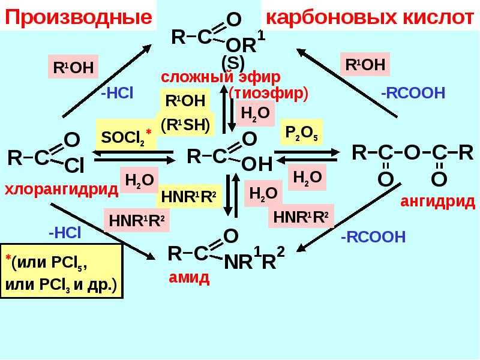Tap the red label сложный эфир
221,78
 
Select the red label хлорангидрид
61,190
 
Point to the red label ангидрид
437,202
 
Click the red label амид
189,277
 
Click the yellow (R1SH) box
185,125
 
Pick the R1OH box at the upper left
73,67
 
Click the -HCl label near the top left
116,93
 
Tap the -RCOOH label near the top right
413,93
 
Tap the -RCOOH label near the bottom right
373,238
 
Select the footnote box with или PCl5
62,271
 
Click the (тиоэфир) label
268,94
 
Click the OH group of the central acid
257,164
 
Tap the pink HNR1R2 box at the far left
137,221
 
